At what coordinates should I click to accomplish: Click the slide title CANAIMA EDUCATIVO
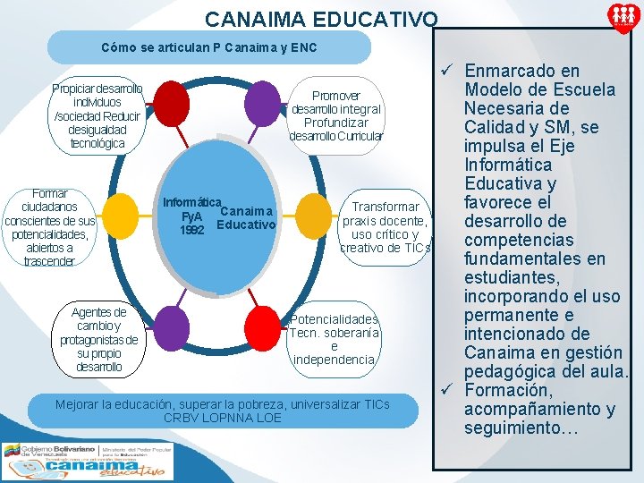(321, 19)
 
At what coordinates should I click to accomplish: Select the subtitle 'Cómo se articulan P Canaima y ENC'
(208, 47)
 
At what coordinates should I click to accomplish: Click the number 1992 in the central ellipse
(192, 230)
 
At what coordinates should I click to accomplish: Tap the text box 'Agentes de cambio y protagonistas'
(99, 339)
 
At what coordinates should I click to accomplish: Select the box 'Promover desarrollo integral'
(335, 116)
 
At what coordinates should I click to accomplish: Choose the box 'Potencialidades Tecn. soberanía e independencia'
(335, 340)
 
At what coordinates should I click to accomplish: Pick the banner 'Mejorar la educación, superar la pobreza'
(222, 411)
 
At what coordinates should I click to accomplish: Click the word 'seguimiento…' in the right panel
(521, 428)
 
